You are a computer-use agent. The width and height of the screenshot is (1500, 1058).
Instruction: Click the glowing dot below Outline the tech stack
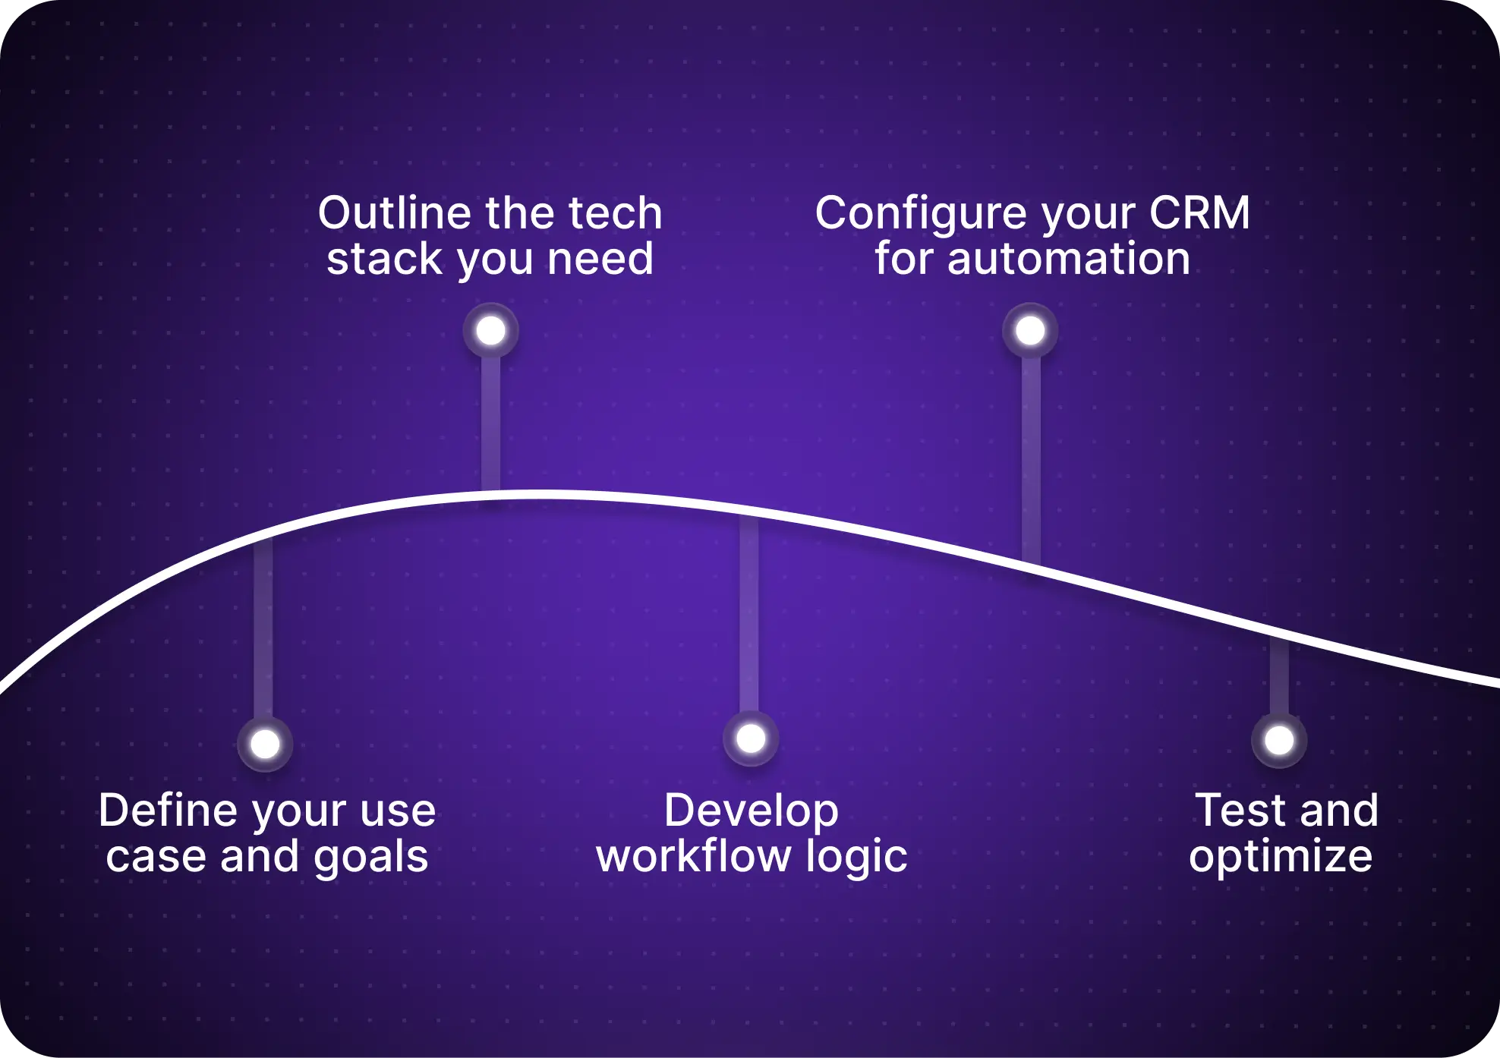(490, 331)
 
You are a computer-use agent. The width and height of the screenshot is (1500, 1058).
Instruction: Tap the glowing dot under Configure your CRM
(1030, 331)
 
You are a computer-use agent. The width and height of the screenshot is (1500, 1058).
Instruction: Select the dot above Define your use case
(265, 744)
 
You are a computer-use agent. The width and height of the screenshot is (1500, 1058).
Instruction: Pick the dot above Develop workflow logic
(751, 738)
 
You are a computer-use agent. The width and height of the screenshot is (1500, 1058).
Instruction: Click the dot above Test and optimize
(1279, 740)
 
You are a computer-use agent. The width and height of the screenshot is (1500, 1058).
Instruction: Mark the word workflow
(693, 856)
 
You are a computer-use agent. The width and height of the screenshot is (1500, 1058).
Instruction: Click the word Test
(1241, 811)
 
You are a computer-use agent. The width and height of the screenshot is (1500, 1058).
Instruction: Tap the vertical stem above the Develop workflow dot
(749, 615)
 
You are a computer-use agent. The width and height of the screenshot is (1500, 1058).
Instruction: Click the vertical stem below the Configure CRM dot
(1031, 455)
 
